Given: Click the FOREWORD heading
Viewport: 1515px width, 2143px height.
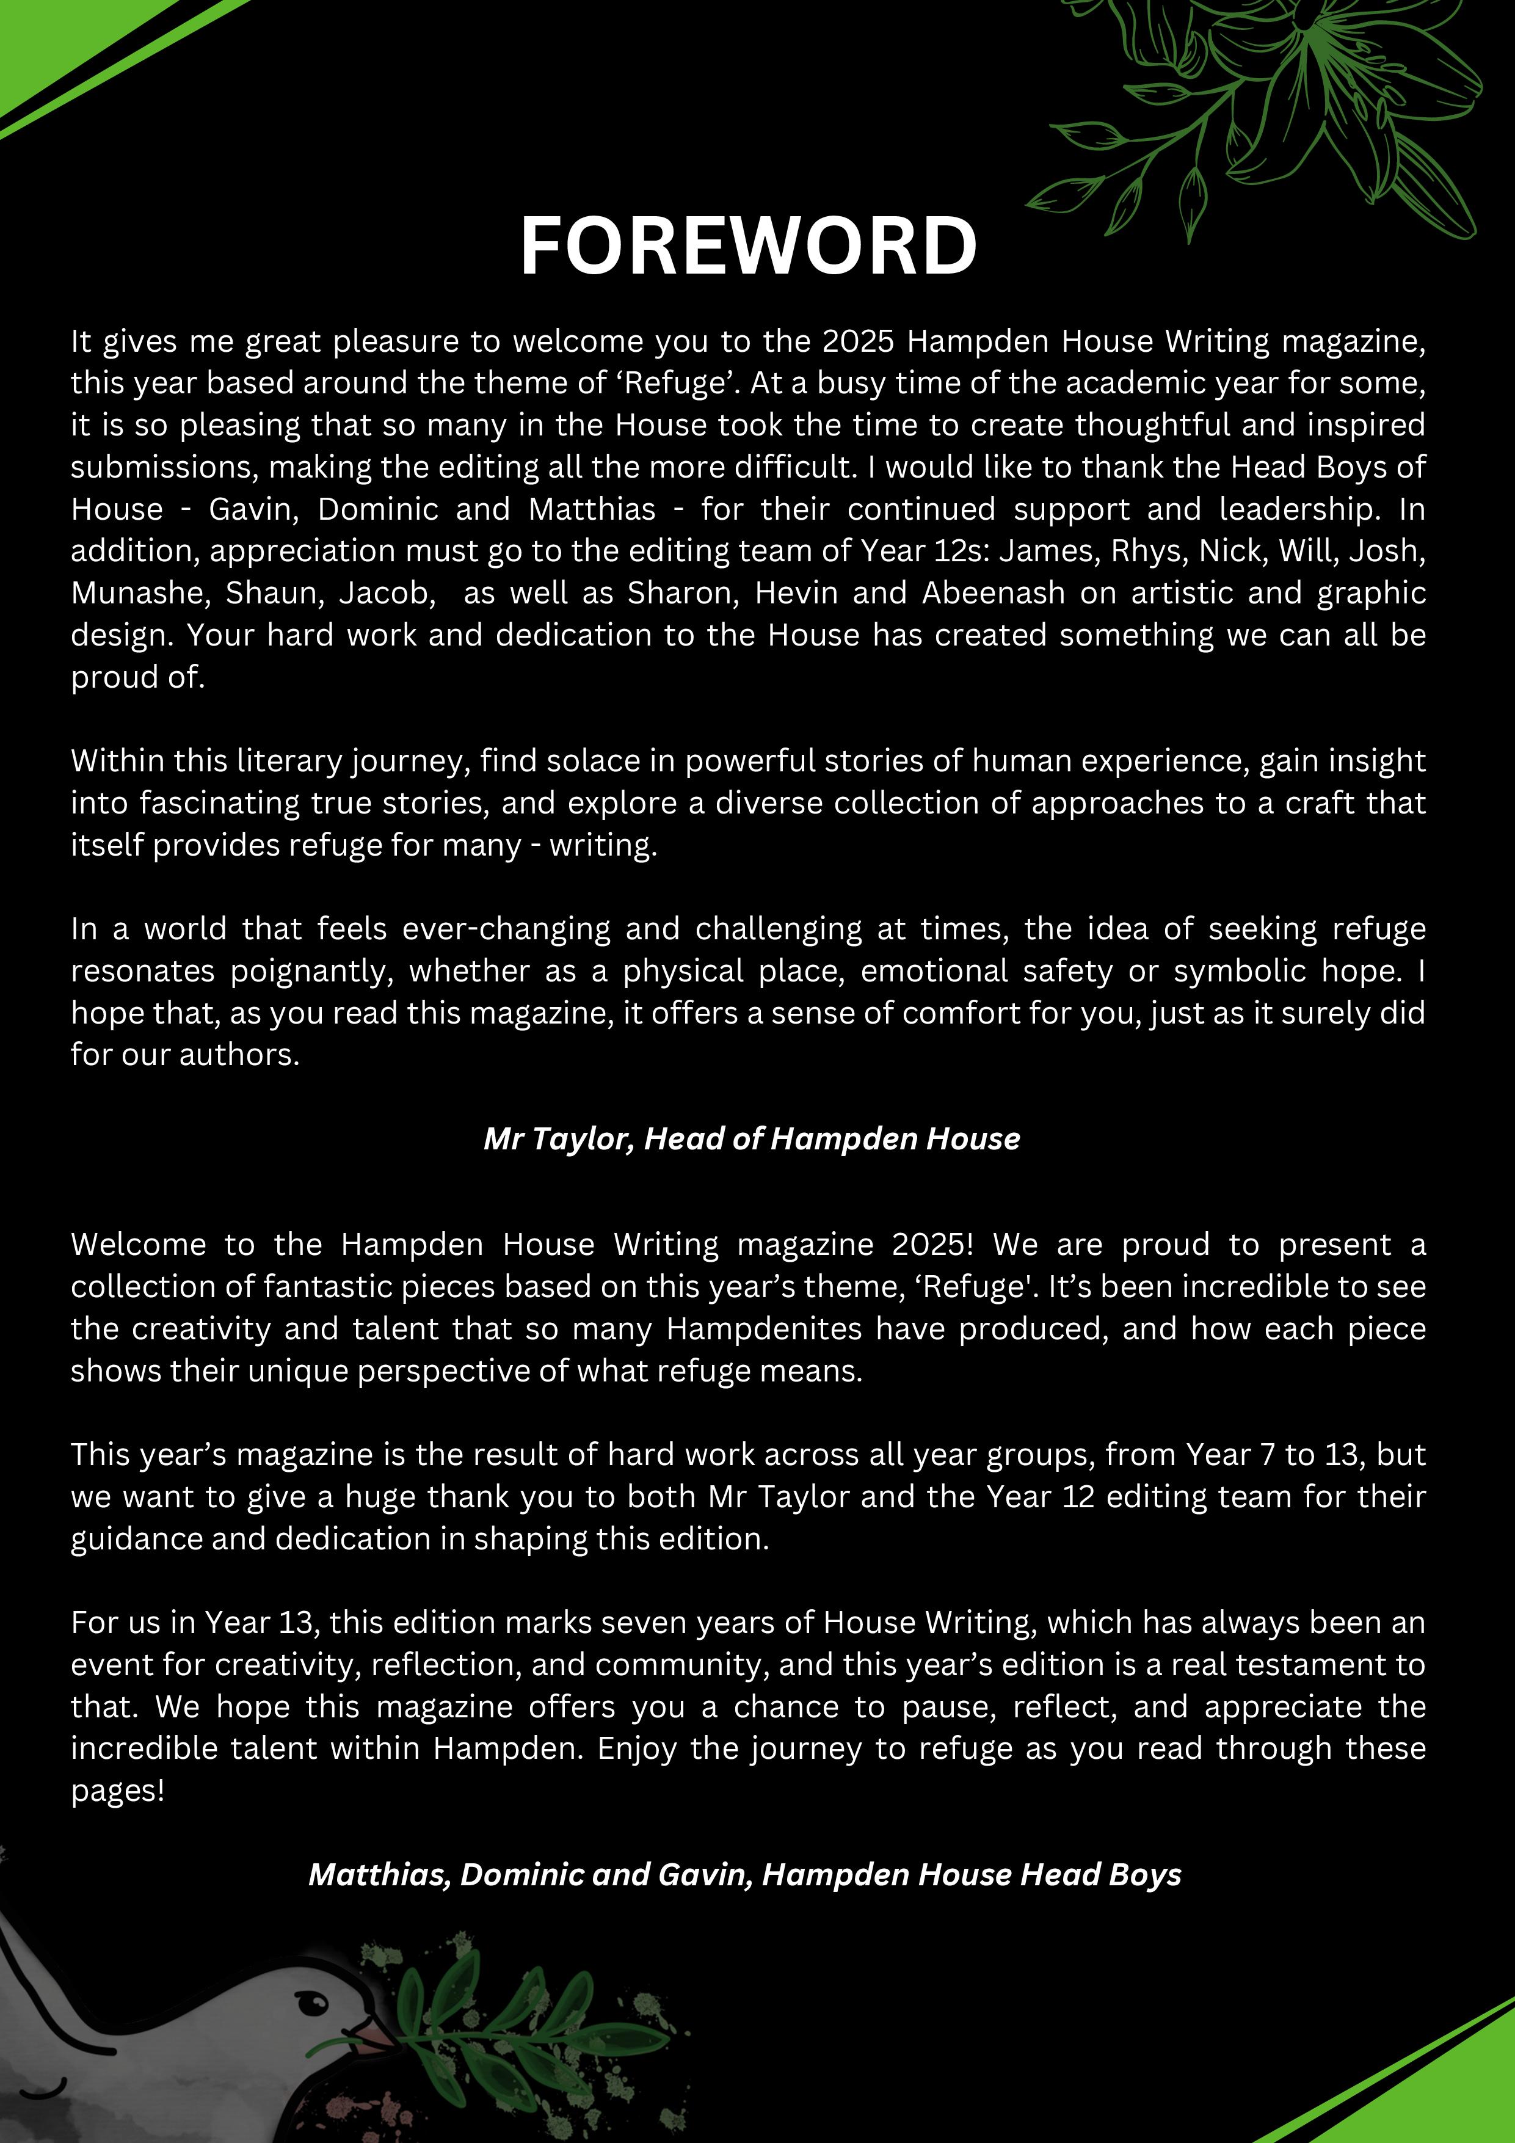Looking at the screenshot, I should (749, 246).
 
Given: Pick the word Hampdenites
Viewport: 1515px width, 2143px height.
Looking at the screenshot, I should (763, 1328).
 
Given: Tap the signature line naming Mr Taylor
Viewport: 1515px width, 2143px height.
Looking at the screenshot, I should (752, 1139).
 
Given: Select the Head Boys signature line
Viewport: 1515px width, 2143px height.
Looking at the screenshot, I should (745, 1874).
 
